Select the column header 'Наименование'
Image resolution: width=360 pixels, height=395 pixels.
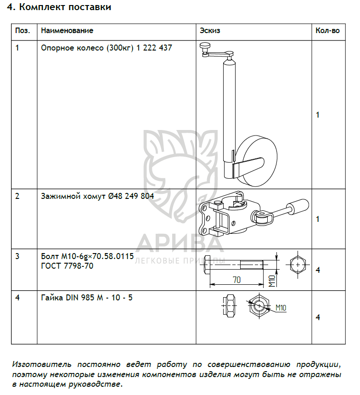coord(67,31)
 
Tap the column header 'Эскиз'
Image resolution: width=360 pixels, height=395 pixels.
coord(210,31)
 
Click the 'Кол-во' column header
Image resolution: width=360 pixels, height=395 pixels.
coord(328,31)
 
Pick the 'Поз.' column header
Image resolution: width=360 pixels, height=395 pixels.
coord(23,31)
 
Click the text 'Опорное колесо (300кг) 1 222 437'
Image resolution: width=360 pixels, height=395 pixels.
coord(107,47)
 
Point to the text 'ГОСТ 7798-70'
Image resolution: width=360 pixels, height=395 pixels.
coord(67,266)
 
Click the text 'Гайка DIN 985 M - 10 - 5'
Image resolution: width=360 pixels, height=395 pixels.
coord(87,298)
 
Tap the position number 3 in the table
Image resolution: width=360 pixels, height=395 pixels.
coord(17,256)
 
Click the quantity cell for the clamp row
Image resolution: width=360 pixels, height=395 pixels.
coord(318,219)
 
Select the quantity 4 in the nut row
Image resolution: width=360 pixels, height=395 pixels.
coord(318,317)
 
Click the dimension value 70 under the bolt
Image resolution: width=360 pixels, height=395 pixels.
coord(236,279)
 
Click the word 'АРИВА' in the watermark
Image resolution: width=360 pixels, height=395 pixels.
coord(180,243)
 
